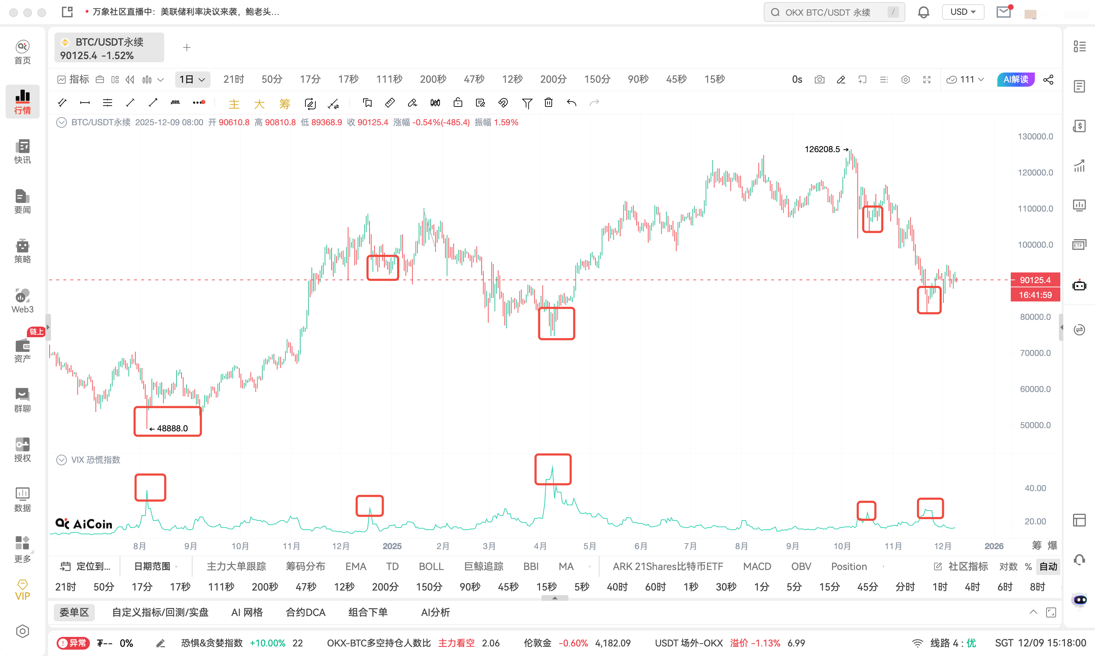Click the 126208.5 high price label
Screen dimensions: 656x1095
(822, 149)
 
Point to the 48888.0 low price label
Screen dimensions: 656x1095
(172, 428)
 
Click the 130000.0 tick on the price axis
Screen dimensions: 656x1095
(1035, 137)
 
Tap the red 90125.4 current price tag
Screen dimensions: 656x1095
(1035, 280)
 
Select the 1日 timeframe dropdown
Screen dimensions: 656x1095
(192, 80)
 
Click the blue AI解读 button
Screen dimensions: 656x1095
(1015, 80)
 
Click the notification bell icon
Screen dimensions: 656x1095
(923, 12)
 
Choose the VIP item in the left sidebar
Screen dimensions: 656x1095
(23, 590)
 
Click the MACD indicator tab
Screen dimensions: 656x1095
(757, 566)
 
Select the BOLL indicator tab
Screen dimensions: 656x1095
(431, 566)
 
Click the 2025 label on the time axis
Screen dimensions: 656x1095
(392, 546)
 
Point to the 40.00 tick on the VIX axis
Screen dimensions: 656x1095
(1035, 488)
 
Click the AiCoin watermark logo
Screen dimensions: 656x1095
(84, 524)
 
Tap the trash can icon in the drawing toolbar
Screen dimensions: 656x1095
(549, 103)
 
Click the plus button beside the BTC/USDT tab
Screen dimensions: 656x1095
(187, 47)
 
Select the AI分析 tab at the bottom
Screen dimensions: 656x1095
(435, 612)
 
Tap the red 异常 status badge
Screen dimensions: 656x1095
(73, 643)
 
